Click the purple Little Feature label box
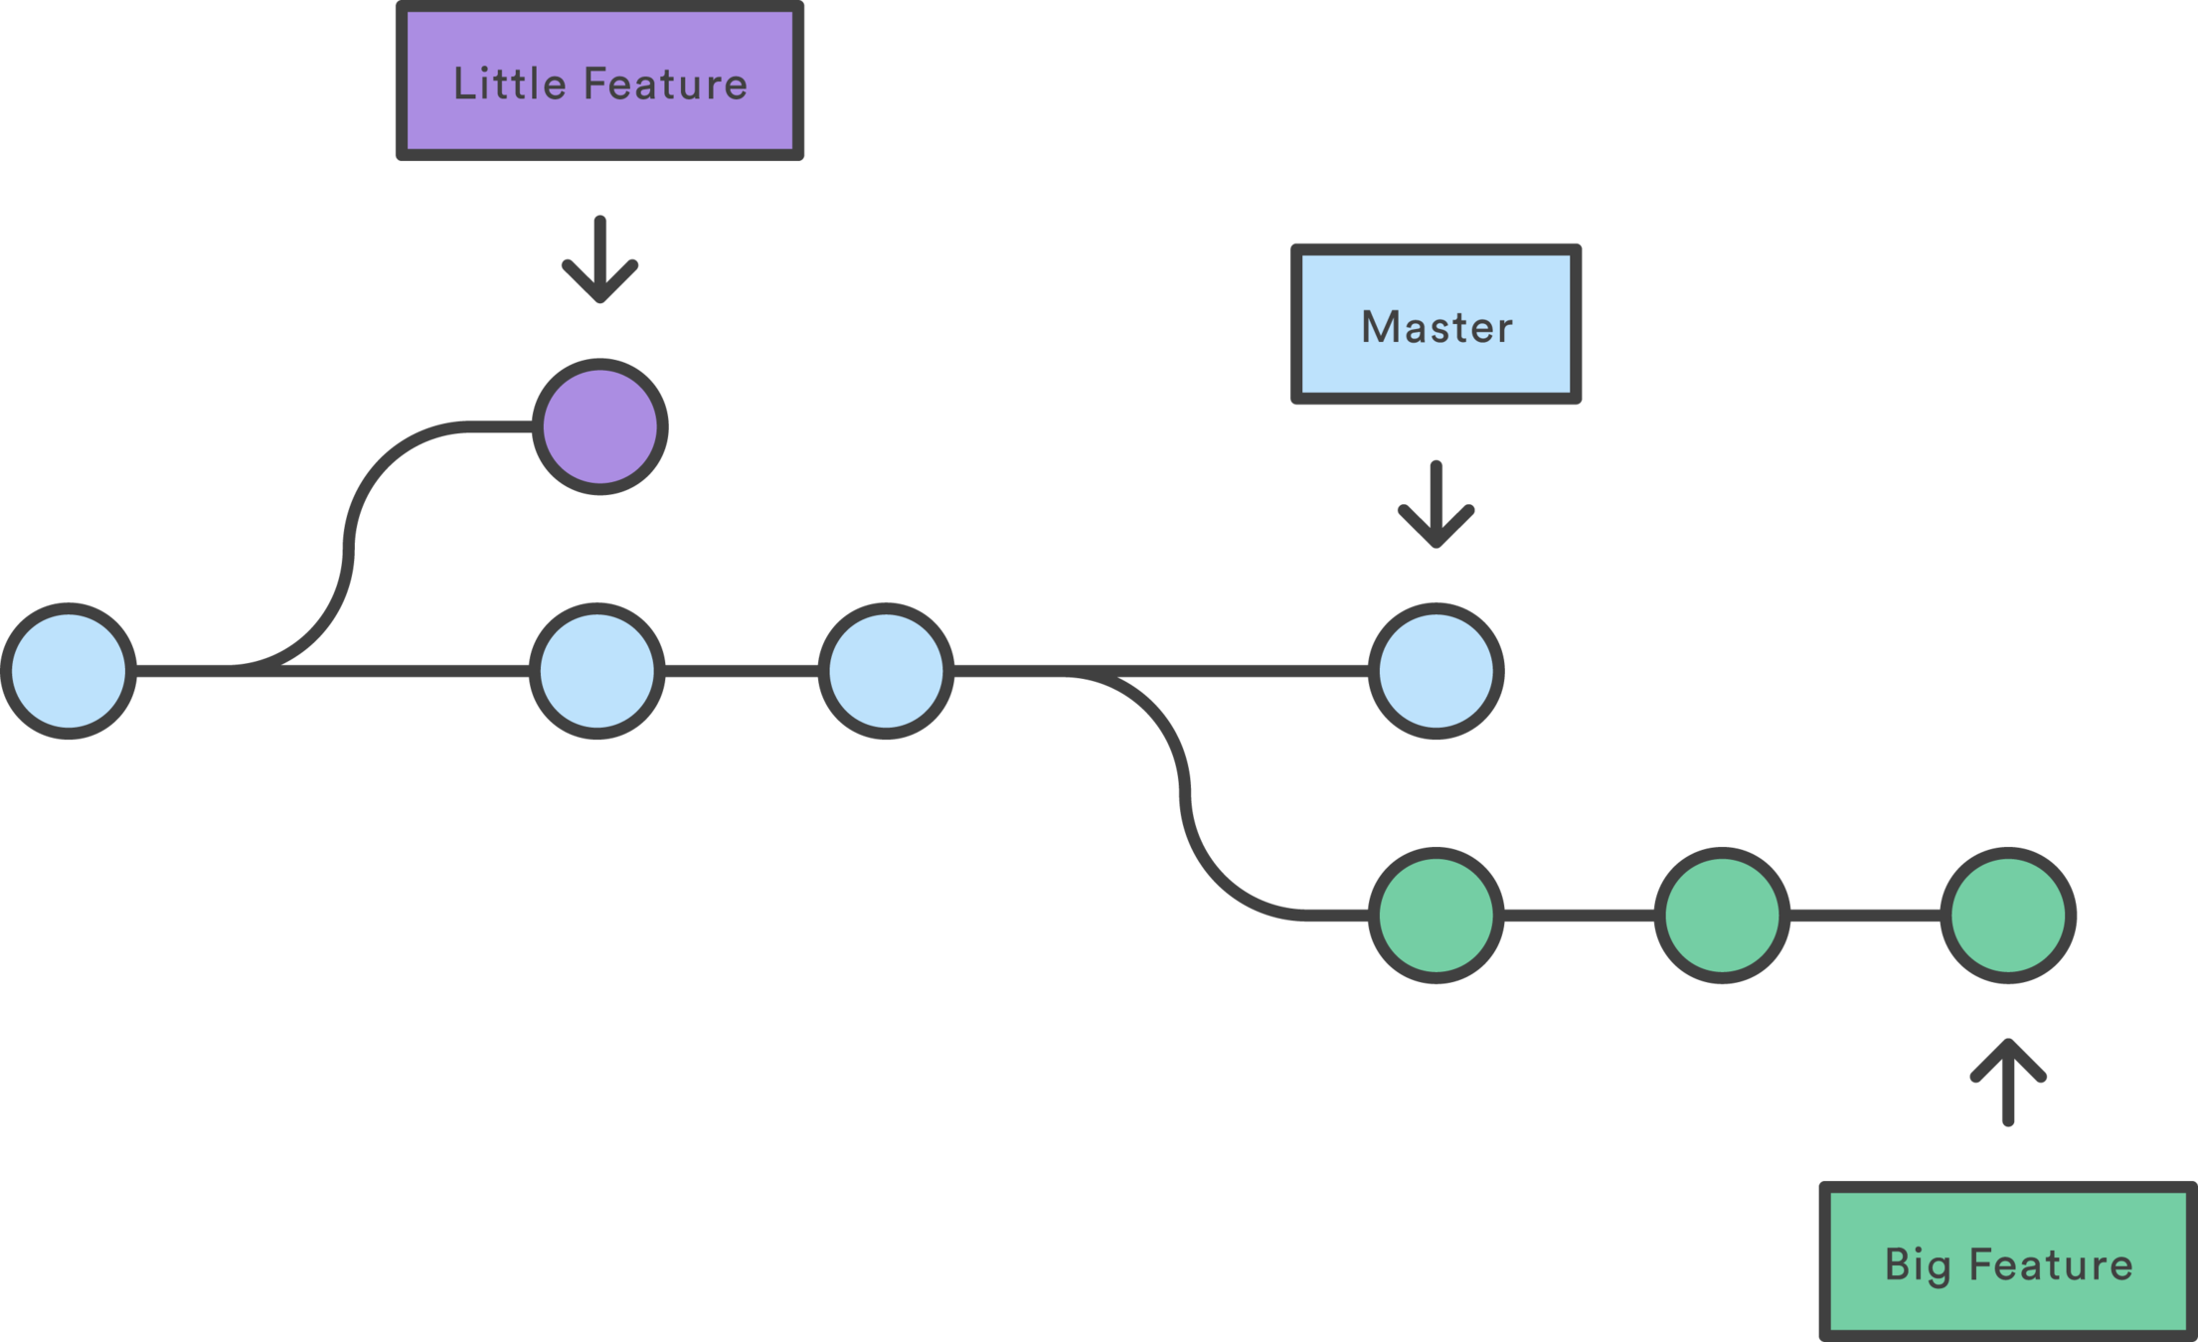coord(599,81)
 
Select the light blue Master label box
coord(1436,324)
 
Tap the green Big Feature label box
coord(2008,1261)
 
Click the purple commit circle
coord(599,426)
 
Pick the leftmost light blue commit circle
coord(69,671)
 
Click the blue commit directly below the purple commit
coord(597,671)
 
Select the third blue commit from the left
coord(886,671)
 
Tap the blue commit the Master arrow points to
coord(1436,671)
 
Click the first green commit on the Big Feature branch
coord(1436,916)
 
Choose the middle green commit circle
coord(1722,916)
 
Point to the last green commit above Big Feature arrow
coord(2008,916)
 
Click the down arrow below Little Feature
coord(599,258)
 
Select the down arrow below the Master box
coord(1436,504)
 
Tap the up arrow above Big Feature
coord(2008,1083)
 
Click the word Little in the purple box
coord(509,84)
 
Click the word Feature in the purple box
coord(665,84)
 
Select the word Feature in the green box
coord(2051,1264)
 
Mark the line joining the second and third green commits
coord(1865,916)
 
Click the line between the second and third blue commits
coord(742,671)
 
